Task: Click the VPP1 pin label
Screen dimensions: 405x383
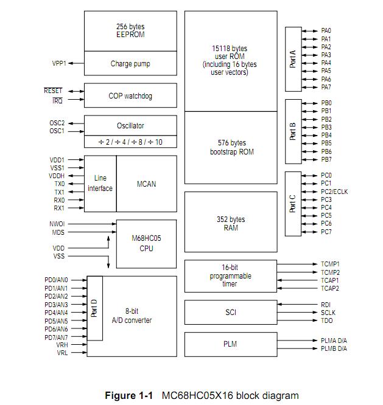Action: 59,63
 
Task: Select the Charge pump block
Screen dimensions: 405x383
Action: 130,63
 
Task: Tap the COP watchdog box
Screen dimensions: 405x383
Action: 130,95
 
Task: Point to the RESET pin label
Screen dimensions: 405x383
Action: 53,91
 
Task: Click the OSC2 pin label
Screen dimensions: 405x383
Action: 57,123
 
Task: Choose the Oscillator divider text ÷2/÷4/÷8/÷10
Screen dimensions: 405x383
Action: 130,142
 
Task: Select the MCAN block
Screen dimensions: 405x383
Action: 146,184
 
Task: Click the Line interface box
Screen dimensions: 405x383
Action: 100,184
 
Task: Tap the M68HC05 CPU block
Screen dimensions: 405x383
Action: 146,243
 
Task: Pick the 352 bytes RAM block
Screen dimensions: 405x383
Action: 230,223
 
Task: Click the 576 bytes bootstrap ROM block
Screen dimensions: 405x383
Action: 230,147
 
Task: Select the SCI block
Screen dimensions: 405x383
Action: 230,312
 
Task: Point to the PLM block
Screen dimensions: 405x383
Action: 230,344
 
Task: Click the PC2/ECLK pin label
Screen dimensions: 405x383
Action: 334,192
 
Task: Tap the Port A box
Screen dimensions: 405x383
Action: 293,58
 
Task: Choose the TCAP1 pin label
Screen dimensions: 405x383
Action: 330,280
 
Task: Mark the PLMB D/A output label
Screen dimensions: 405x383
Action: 334,348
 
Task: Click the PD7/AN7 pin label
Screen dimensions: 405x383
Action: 56,337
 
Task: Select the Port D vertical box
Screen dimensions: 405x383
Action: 94,308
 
